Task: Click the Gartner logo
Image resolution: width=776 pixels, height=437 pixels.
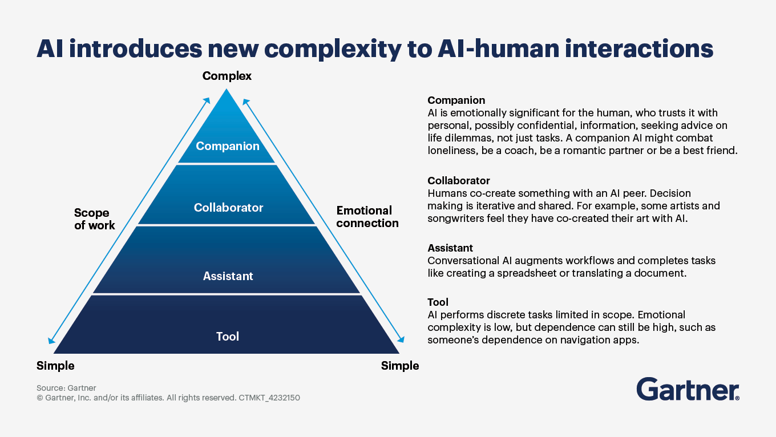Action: [688, 389]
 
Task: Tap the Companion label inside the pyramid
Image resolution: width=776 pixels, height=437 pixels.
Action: [228, 146]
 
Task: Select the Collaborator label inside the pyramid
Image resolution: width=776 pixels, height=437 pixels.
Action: [228, 208]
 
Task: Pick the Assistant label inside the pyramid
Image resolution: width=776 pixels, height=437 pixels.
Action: [228, 276]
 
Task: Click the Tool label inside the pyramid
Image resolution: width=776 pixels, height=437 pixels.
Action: [228, 336]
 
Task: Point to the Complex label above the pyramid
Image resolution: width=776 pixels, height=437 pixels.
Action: [227, 76]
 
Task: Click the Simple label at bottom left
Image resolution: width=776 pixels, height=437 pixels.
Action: [55, 366]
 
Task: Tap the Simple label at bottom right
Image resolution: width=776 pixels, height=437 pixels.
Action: [400, 366]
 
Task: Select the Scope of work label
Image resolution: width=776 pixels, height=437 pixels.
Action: [94, 219]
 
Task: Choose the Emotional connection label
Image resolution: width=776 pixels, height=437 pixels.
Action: [367, 217]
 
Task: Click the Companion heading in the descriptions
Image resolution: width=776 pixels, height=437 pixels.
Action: [456, 100]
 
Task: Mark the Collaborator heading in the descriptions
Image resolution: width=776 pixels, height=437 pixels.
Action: [459, 180]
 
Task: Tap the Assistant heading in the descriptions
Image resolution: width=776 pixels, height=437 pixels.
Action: [450, 248]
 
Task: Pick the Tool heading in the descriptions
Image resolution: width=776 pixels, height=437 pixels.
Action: [438, 302]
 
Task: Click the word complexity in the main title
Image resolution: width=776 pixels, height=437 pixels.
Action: [333, 49]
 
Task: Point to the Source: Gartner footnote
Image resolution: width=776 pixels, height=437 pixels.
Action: [66, 388]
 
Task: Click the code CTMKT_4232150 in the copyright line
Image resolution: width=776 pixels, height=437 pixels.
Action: [269, 398]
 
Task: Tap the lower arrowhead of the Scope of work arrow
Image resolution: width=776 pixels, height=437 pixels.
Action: [51, 341]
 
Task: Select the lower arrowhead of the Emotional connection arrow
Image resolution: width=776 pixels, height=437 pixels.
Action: [401, 339]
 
